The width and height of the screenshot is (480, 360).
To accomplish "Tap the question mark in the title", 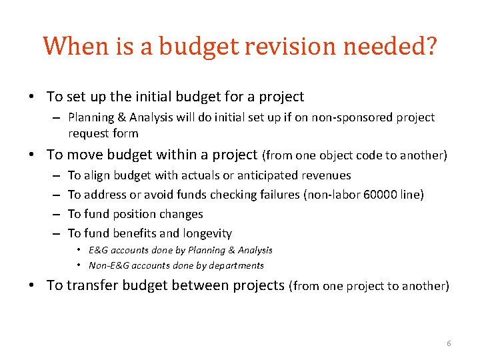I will pyautogui.click(x=430, y=47).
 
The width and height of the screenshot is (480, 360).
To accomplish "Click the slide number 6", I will pyautogui.click(x=449, y=343).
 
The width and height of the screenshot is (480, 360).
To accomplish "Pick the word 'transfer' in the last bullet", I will pyautogui.click(x=93, y=285).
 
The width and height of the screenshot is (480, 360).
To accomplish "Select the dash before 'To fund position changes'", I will pyautogui.click(x=54, y=214).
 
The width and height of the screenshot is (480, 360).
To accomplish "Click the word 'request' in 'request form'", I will pyautogui.click(x=88, y=133).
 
